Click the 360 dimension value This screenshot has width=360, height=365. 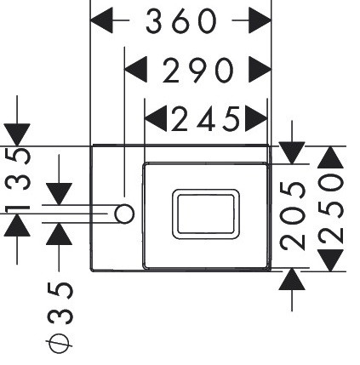pyautogui.click(x=181, y=20)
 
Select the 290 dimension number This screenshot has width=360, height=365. pyautogui.click(x=198, y=71)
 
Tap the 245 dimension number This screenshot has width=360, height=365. pyautogui.click(x=206, y=119)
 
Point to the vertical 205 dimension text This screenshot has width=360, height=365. pyautogui.click(x=293, y=216)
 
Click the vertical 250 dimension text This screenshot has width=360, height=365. pyautogui.click(x=330, y=208)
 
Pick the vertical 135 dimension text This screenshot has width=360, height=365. pyautogui.click(x=18, y=180)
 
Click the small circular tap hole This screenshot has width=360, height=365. pyautogui.click(x=124, y=214)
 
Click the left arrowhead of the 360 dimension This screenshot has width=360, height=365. pyautogui.click(x=101, y=20)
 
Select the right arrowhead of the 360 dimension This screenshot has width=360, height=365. pyautogui.click(x=260, y=20)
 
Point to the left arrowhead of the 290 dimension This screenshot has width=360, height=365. pyautogui.click(x=136, y=69)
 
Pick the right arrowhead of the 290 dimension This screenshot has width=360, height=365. pyautogui.click(x=260, y=69)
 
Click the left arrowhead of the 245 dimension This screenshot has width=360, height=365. pyautogui.click(x=156, y=118)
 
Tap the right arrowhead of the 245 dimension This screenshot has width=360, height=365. pyautogui.click(x=256, y=118)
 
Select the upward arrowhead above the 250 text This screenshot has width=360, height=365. pyautogui.click(x=330, y=157)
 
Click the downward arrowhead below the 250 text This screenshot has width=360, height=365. pyautogui.click(x=330, y=260)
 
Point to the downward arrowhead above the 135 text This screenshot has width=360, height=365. pyautogui.click(x=17, y=134)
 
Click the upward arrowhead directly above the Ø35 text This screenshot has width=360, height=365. pyautogui.click(x=59, y=234)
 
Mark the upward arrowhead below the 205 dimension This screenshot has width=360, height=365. pyautogui.click(x=292, y=279)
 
